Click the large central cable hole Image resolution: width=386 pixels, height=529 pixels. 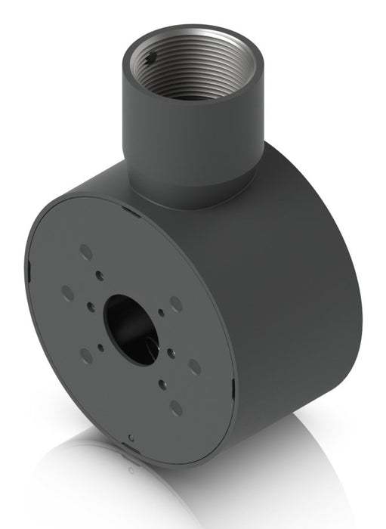[130, 326]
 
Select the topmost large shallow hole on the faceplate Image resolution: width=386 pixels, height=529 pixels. [85, 250]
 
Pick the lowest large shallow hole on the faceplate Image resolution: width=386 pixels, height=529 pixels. [176, 407]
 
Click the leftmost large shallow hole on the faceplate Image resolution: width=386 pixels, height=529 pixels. [67, 293]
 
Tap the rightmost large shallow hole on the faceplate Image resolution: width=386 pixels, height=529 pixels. [194, 366]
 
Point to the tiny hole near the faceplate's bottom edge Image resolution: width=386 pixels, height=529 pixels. [132, 438]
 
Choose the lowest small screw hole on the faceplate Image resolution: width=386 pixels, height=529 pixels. [161, 384]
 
